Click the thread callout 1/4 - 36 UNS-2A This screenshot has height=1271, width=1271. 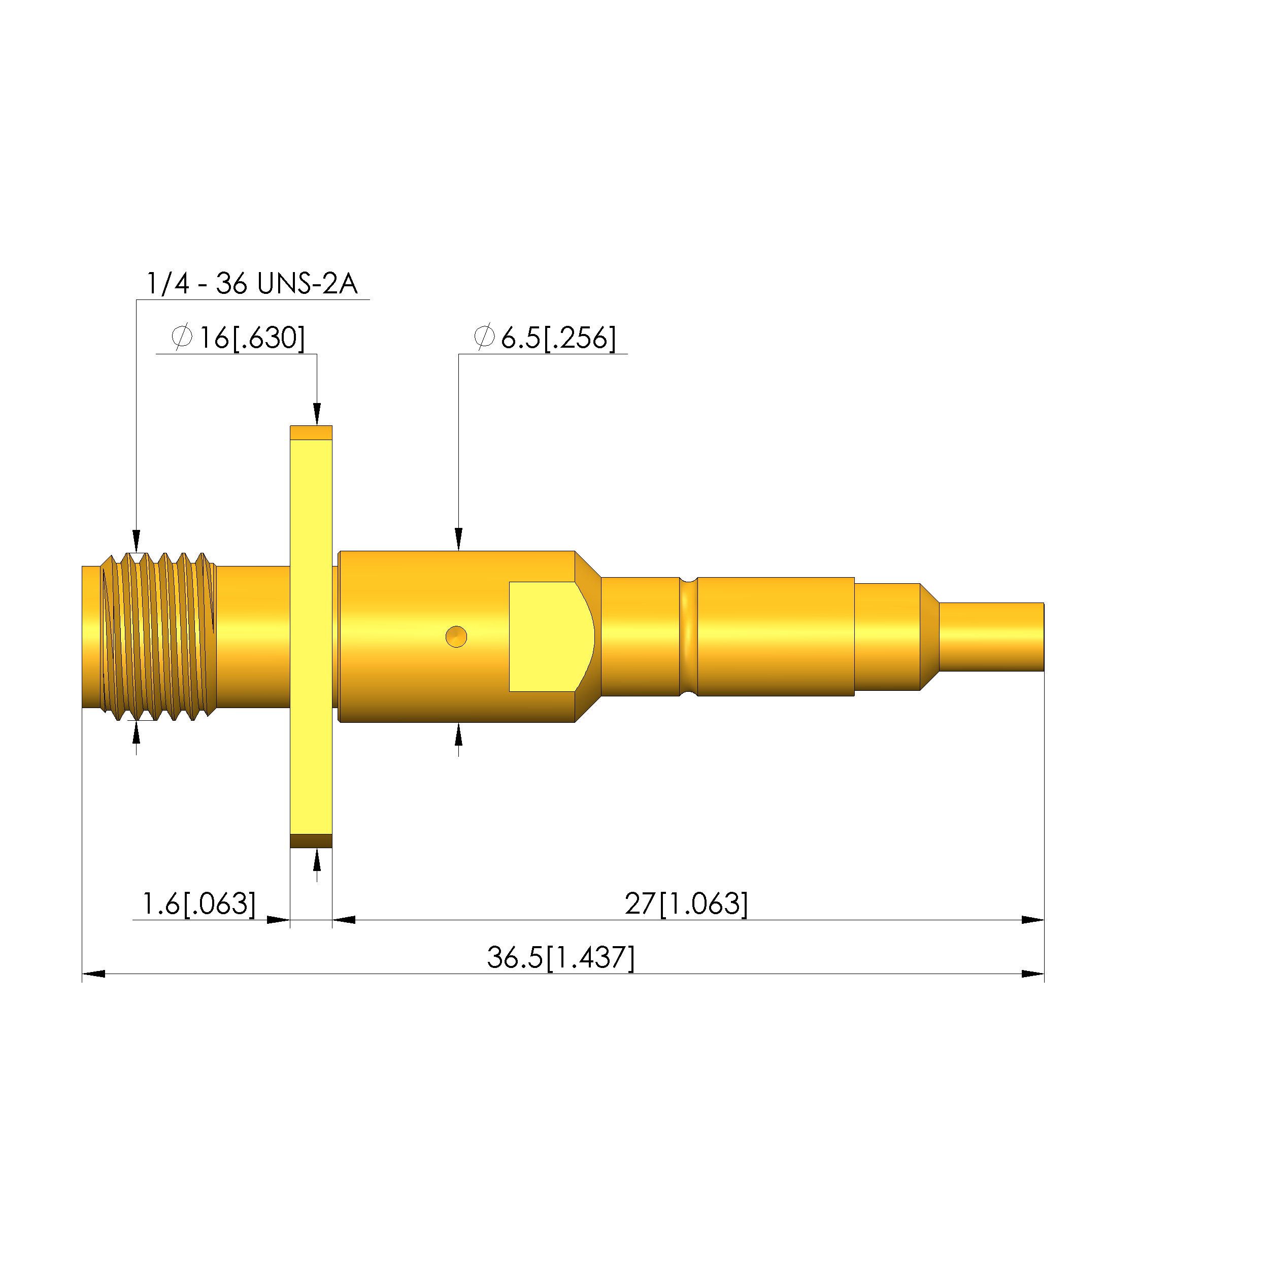251,284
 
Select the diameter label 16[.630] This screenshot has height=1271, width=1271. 252,338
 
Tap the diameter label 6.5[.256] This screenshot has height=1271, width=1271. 558,338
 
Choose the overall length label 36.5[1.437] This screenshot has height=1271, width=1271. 560,957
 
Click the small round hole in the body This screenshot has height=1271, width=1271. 456,637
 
